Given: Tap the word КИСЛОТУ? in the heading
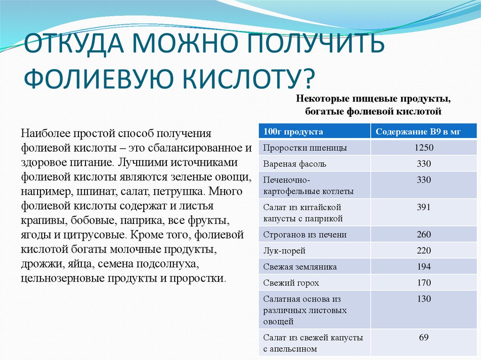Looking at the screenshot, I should (x=254, y=77).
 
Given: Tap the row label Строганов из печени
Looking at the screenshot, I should (x=305, y=235).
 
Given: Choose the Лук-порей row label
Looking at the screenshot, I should (x=284, y=251).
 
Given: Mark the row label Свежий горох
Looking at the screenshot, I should (x=291, y=283).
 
